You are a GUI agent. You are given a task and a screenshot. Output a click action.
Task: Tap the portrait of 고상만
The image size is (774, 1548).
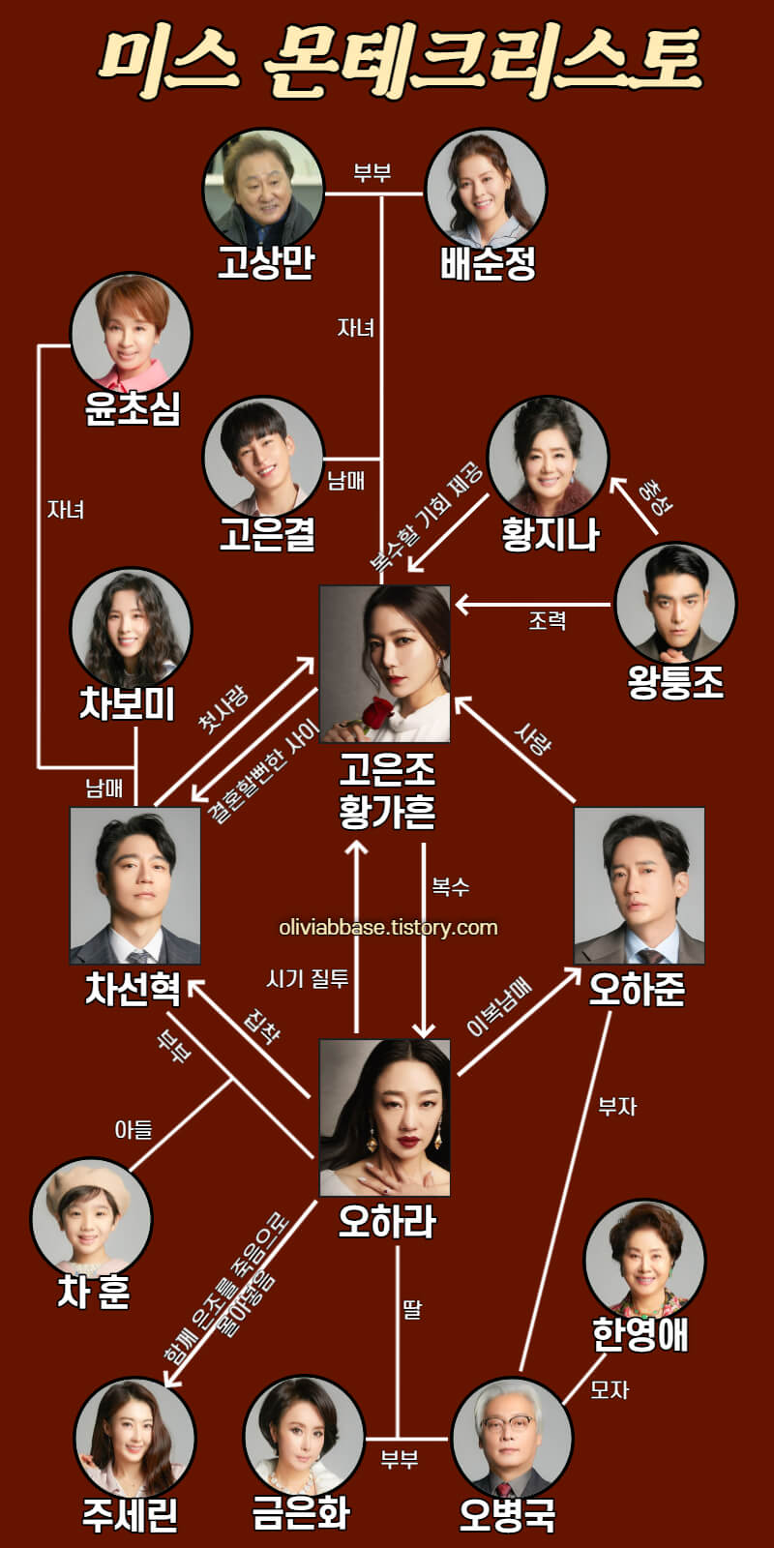263,189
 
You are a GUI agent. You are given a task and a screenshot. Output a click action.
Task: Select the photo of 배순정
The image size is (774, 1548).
486,189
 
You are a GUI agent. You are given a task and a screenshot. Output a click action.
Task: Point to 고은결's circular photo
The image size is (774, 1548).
263,457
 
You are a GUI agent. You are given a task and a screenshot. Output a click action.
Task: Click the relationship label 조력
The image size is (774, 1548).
547,620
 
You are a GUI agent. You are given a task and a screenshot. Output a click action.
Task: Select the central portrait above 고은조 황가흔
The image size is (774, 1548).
385,664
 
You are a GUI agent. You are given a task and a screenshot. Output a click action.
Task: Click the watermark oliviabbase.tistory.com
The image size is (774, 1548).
388,928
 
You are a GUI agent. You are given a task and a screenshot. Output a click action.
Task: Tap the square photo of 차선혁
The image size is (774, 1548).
135,885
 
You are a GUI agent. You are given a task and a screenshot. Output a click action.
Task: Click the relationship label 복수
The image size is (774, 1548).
450,886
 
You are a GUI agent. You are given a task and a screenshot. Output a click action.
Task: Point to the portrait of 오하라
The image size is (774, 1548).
385,1117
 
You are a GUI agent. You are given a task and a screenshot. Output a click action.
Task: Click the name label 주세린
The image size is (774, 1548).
131,1515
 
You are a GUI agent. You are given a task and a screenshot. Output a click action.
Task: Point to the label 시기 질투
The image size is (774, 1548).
308,979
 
